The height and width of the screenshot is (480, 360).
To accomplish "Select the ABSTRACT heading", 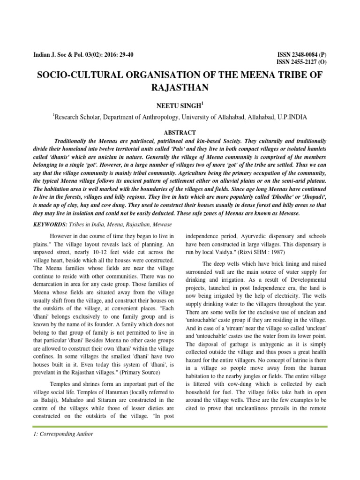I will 180,133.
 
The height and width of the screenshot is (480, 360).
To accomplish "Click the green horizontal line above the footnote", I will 180,425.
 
